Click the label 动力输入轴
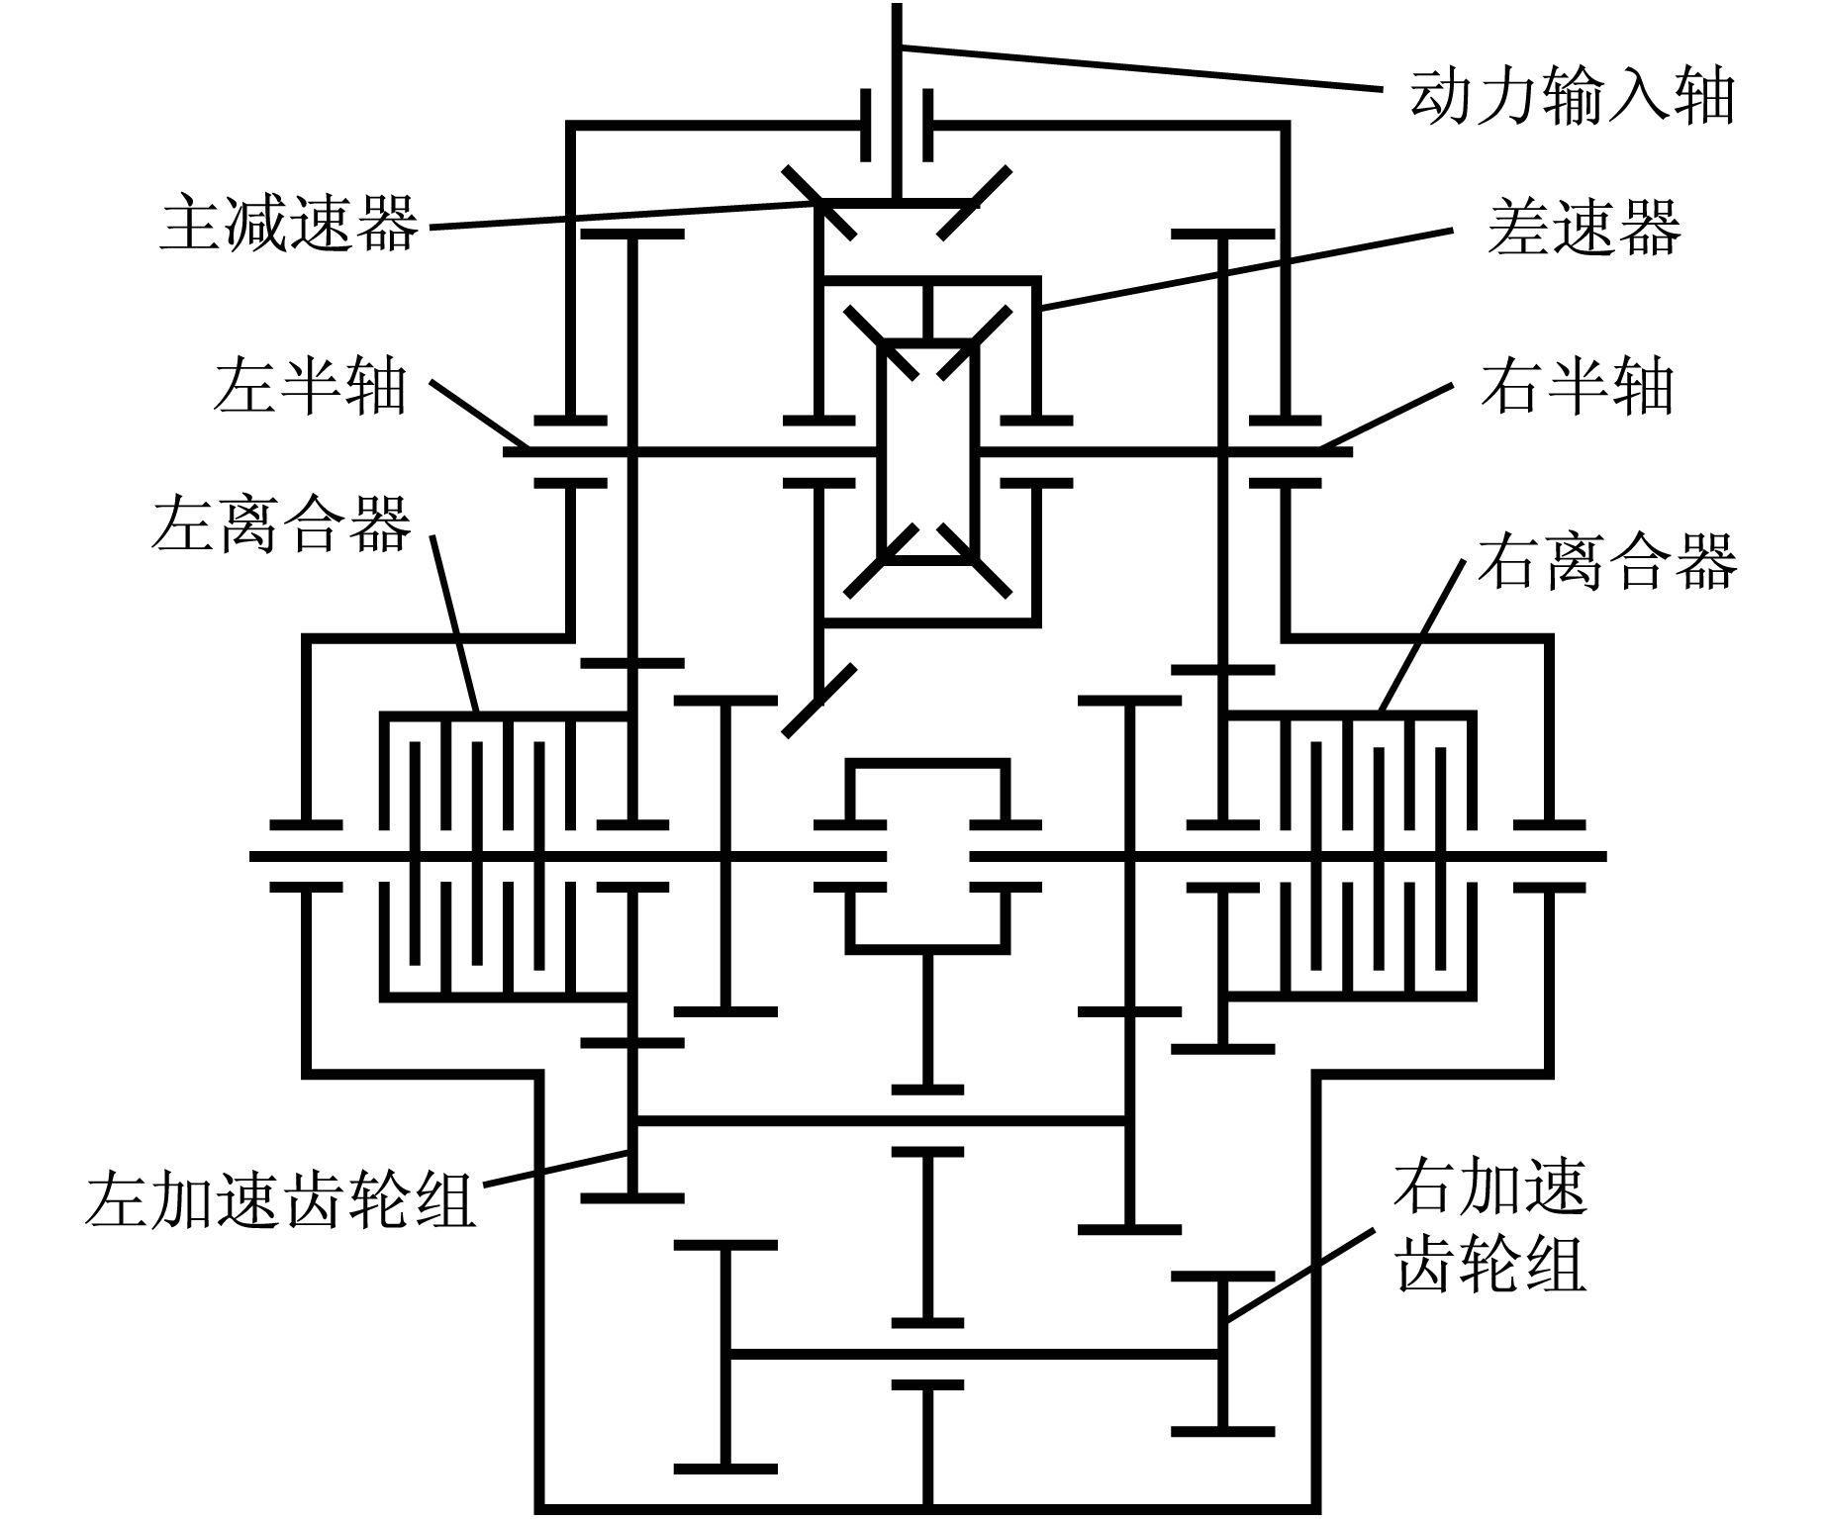pyautogui.click(x=1572, y=97)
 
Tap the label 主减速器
pyautogui.click(x=290, y=224)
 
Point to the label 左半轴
pyautogui.click(x=310, y=385)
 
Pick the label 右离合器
pyautogui.click(x=1607, y=560)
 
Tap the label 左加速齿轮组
pyautogui.click(x=280, y=1199)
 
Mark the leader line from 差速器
pyautogui.click(x=1247, y=268)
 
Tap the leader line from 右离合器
pyautogui.click(x=1422, y=635)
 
